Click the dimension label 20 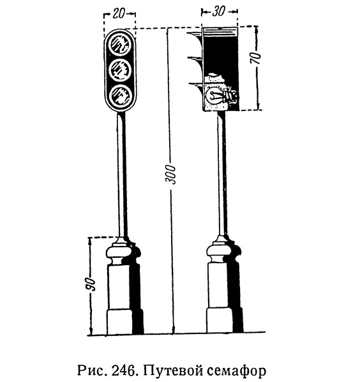[x=118, y=13]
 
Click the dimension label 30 [x=218, y=11]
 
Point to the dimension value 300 [x=170, y=174]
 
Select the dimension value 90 [x=90, y=284]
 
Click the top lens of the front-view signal [x=120, y=44]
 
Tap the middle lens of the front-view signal [x=120, y=70]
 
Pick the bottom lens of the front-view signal [x=120, y=96]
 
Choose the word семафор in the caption [x=237, y=371]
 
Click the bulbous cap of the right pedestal [x=221, y=252]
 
